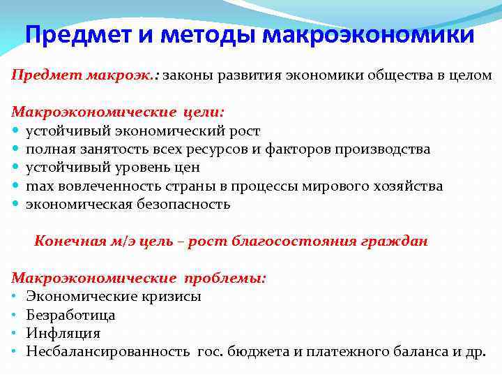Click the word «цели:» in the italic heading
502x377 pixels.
204,112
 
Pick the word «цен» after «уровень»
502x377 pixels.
188,168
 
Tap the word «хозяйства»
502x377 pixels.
408,186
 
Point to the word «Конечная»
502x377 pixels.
64,242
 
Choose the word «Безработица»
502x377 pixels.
70,315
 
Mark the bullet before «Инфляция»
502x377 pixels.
14,334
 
